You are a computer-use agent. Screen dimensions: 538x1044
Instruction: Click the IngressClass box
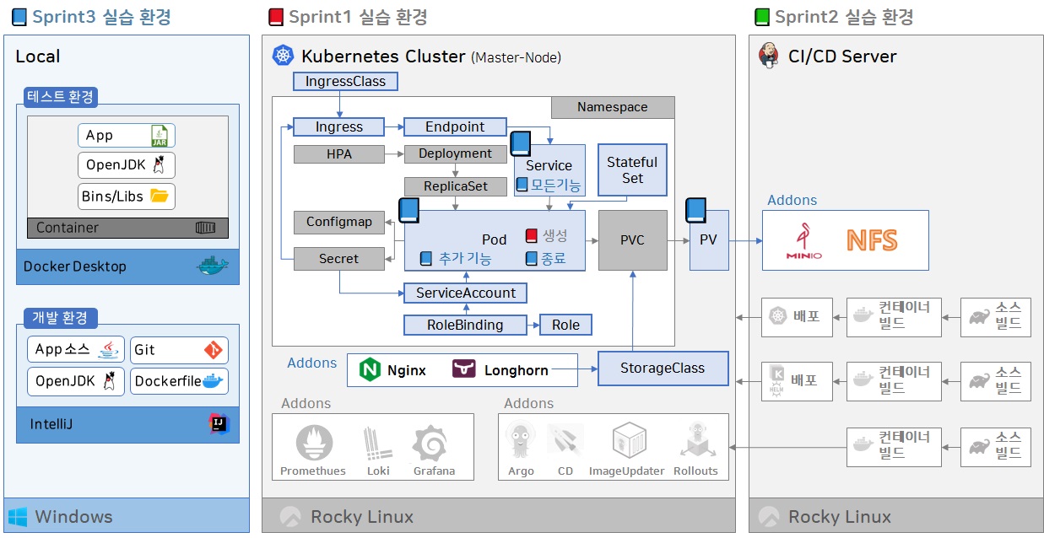(x=345, y=82)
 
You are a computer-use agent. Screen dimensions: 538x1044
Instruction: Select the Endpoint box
(x=455, y=127)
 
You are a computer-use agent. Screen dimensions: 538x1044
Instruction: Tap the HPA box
(x=338, y=154)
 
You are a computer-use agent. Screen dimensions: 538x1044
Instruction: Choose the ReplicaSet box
(x=455, y=186)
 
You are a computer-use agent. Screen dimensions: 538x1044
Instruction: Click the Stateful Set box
(x=632, y=169)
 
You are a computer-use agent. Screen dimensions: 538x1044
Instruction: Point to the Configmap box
(x=338, y=222)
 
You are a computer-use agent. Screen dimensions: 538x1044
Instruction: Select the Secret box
(x=338, y=259)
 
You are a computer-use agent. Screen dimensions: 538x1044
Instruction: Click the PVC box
(x=632, y=240)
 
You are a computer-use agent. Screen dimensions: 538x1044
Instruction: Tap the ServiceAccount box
(x=466, y=293)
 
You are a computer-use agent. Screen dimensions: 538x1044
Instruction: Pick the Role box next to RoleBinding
(x=565, y=325)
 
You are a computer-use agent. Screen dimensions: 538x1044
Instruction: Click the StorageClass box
(x=663, y=369)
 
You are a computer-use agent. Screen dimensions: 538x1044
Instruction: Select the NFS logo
(x=872, y=240)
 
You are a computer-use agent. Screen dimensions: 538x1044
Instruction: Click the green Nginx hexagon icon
(x=370, y=369)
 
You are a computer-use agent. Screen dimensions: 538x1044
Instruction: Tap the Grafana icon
(x=434, y=444)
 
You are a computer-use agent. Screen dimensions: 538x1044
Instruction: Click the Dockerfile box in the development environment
(x=179, y=381)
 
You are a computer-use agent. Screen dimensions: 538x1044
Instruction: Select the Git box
(x=179, y=349)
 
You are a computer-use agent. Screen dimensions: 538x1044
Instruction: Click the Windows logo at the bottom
(x=18, y=516)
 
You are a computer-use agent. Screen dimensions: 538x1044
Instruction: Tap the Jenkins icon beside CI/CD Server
(x=769, y=56)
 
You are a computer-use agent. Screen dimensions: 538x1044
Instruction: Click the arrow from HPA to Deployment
(x=393, y=154)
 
